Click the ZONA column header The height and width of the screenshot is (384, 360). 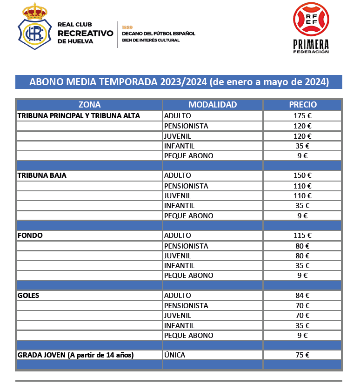89,105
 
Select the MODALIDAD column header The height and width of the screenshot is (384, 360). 213,105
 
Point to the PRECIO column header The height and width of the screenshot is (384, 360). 303,105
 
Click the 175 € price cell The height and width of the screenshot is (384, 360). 303,116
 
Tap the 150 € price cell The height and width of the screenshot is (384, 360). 303,175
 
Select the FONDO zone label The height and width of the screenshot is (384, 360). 30,236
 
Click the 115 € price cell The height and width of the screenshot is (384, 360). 303,236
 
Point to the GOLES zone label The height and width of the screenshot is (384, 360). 28,296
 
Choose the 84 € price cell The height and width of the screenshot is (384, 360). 303,296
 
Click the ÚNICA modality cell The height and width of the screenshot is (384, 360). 175,355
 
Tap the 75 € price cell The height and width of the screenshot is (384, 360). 303,355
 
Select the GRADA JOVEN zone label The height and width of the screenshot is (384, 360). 76,355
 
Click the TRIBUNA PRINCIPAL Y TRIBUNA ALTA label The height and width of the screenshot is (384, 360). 79,116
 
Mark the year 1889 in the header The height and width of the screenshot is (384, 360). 127,27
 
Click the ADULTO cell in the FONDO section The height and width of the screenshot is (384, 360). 178,236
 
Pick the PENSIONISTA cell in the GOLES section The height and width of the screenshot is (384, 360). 186,306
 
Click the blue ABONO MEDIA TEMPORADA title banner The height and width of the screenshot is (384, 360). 179,82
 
